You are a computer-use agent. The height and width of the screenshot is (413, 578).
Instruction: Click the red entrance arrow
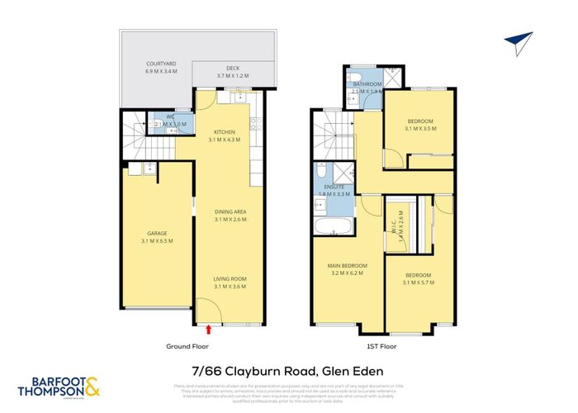point(208,330)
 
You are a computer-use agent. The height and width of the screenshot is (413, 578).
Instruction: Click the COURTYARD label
point(160,63)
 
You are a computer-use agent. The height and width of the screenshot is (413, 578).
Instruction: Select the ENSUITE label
point(334,189)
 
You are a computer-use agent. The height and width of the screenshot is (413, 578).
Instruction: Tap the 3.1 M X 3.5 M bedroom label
point(419,126)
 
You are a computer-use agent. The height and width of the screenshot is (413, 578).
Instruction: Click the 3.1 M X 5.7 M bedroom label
point(418,278)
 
